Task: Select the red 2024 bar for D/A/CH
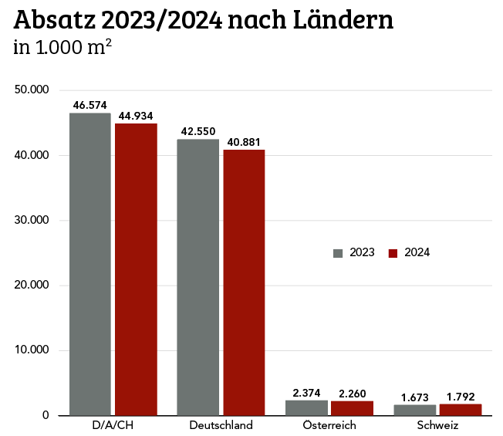tap(136, 269)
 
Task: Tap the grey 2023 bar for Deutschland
tap(197, 277)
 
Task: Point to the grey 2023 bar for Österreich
tap(306, 407)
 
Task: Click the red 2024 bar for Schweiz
tap(461, 410)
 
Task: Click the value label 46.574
tap(89, 105)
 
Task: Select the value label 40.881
tap(244, 142)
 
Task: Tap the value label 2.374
tap(306, 393)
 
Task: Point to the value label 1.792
tap(461, 397)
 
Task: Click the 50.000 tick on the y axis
tap(33, 90)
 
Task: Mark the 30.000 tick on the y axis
tap(33, 221)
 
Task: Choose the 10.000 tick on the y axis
tap(33, 350)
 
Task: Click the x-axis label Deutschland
tap(221, 425)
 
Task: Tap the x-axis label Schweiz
tap(437, 425)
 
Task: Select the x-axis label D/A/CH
tap(113, 425)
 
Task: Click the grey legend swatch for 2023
tap(337, 253)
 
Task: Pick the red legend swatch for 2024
tap(392, 253)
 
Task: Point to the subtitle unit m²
tap(98, 48)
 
